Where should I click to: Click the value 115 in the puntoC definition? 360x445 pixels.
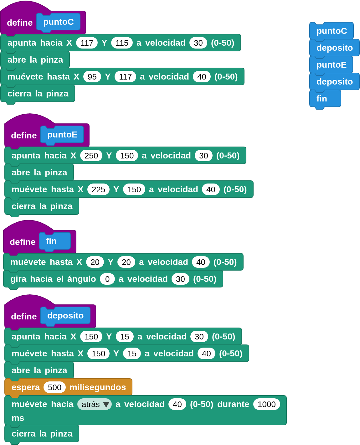coord(122,43)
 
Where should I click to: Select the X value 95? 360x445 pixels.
coord(92,77)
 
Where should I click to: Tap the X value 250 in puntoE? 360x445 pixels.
coord(91,156)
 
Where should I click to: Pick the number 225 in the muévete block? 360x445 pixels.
coord(98,189)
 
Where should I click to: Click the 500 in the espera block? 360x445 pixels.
coord(54,387)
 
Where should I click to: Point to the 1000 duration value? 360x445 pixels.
coord(266,404)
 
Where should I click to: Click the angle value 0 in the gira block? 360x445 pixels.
coord(107,279)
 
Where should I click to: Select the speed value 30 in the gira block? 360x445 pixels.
coord(180,279)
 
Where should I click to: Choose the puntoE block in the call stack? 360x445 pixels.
coord(331,65)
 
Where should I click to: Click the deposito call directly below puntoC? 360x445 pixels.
coord(334,48)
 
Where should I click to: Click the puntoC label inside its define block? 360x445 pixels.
coord(59,22)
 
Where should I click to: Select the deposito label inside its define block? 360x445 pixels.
coord(65,316)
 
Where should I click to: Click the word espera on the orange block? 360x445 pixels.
coord(26,387)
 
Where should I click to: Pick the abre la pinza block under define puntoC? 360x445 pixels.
coord(35,60)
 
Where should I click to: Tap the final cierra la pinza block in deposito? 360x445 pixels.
coord(42,434)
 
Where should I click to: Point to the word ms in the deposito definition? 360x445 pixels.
coord(18,418)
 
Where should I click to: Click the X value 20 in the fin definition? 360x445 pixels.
coord(95,262)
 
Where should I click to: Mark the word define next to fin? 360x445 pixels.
coord(23,242)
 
